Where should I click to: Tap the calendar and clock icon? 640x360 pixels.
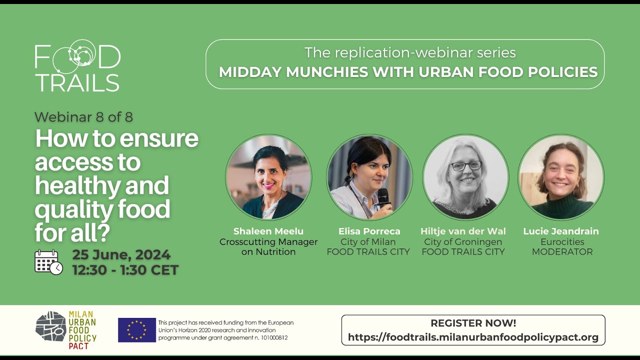[48, 262]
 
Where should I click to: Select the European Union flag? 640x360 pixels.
[136, 330]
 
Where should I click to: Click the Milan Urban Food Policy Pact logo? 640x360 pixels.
[66, 330]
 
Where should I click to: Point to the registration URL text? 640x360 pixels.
[473, 337]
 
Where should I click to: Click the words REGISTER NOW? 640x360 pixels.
[473, 323]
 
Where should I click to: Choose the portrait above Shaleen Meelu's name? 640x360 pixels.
[268, 177]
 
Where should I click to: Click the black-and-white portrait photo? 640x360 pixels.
[465, 177]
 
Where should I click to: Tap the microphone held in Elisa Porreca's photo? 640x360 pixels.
[383, 197]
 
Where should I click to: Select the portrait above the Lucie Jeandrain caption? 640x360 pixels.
[561, 177]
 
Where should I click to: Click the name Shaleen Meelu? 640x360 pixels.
[268, 231]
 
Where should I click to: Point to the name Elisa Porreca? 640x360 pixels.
[369, 231]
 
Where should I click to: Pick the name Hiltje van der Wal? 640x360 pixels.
[463, 231]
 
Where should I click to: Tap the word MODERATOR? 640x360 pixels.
[562, 252]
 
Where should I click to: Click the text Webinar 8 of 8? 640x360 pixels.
[83, 117]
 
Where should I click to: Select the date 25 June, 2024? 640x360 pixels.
[121, 255]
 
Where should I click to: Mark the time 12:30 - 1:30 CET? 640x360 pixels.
[125, 270]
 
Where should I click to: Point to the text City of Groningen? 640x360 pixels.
[463, 242]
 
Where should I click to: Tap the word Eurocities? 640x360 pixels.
[562, 242]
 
